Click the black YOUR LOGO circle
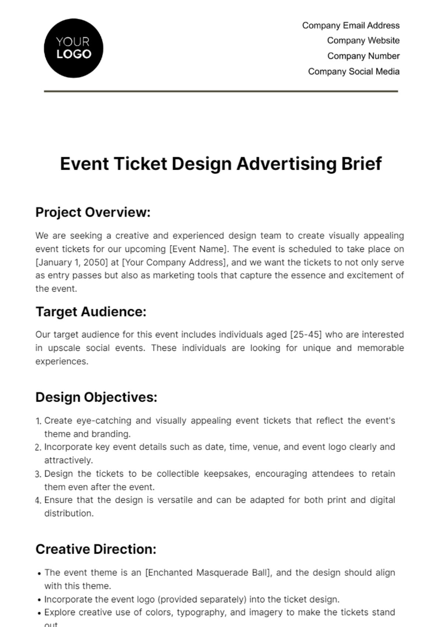pyautogui.click(x=73, y=48)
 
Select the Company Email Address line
pyautogui.click(x=351, y=25)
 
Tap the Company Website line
pyautogui.click(x=363, y=41)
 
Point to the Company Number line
pyautogui.click(x=363, y=56)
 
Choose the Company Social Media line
pyautogui.click(x=354, y=72)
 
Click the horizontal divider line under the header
pyautogui.click(x=221, y=91)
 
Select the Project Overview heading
pyautogui.click(x=93, y=212)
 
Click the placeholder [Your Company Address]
pyautogui.click(x=173, y=262)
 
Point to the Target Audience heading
pyautogui.click(x=91, y=312)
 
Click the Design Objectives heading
pyautogui.click(x=96, y=397)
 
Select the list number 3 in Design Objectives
pyautogui.click(x=38, y=474)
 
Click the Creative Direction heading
pyautogui.click(x=96, y=549)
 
